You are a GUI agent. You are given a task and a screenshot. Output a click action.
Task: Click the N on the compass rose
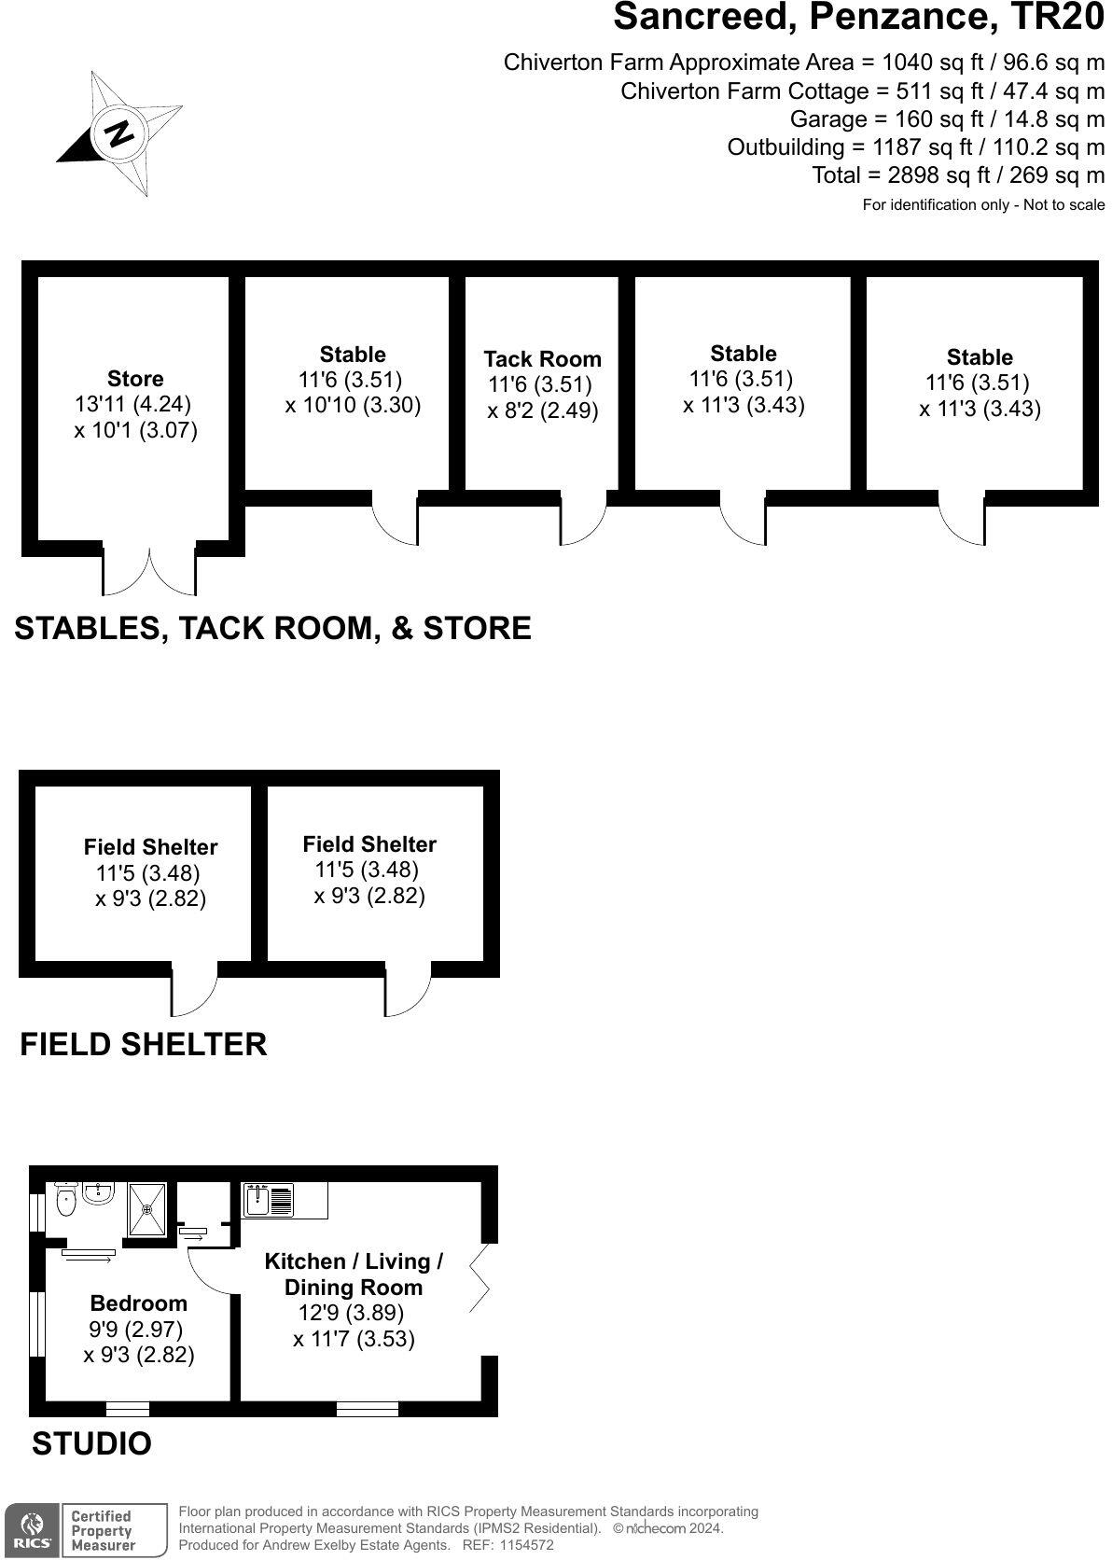119,132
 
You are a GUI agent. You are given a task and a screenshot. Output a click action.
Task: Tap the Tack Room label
542,359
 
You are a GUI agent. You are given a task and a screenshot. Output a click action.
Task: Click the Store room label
135,379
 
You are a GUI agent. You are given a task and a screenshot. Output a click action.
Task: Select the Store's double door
149,572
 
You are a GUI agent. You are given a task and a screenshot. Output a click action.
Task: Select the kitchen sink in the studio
269,1200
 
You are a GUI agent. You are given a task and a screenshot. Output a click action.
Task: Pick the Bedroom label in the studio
138,1303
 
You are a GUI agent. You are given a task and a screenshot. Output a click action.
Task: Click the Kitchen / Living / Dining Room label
354,1274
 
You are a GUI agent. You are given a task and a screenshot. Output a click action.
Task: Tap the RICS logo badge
32,1530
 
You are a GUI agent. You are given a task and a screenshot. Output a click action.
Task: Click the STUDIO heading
91,1443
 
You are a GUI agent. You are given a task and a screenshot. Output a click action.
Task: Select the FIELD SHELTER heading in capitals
144,1043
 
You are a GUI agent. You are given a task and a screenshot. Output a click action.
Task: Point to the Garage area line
947,119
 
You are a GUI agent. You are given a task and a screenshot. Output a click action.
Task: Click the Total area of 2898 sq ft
958,175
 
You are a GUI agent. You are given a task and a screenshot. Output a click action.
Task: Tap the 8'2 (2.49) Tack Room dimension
543,411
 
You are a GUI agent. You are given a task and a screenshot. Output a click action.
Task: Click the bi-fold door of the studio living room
481,1279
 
